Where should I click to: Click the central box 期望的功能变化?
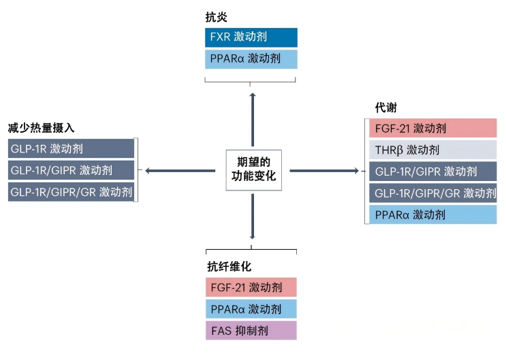(253, 170)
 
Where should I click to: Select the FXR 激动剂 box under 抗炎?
(251, 37)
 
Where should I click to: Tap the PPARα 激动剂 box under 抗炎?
(251, 59)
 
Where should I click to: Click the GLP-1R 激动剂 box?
(71, 148)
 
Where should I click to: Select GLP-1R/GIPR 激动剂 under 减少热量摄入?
(71, 169)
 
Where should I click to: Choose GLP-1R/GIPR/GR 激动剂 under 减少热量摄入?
(71, 191)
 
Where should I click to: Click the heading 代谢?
(385, 108)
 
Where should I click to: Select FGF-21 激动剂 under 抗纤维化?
(251, 287)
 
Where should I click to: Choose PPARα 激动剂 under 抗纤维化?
(251, 309)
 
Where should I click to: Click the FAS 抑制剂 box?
(251, 331)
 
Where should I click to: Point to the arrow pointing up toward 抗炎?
(253, 119)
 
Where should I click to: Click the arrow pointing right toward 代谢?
(323, 170)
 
